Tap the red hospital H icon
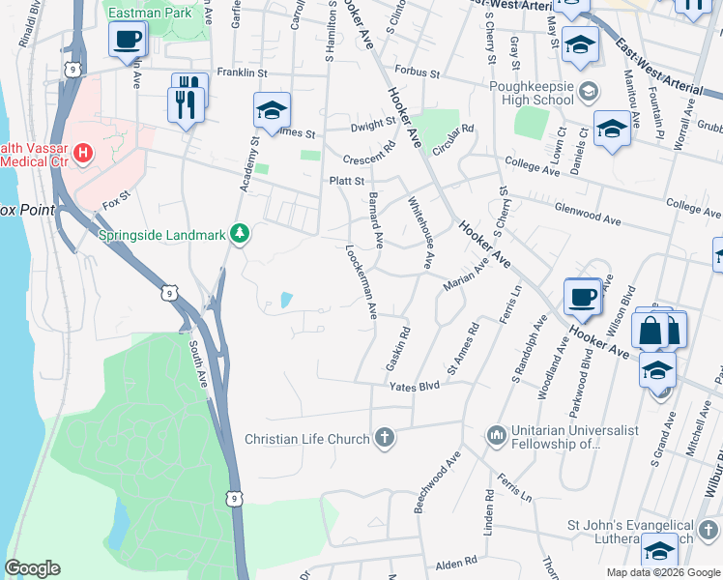[84, 153]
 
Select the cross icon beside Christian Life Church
[385, 439]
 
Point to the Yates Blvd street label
[414, 386]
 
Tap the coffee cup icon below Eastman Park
[127, 41]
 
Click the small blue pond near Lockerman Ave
[286, 301]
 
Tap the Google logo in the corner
[32, 568]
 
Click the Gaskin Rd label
[397, 349]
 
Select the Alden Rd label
[457, 561]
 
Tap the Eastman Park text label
[150, 14]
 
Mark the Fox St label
[116, 204]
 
